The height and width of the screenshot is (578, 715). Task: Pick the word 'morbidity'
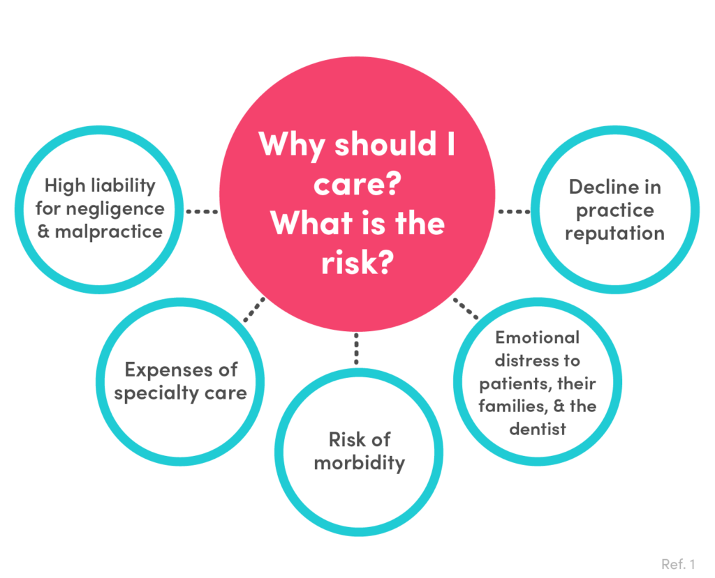pyautogui.click(x=359, y=463)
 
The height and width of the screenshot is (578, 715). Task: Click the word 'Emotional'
pyautogui.click(x=538, y=337)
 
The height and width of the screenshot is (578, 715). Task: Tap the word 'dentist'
pyautogui.click(x=537, y=428)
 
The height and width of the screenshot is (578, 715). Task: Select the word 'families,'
pyautogui.click(x=512, y=406)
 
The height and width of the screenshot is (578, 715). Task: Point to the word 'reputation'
pyautogui.click(x=614, y=233)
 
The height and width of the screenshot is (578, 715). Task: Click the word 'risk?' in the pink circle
pyautogui.click(x=355, y=264)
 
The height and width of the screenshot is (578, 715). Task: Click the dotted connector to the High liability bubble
pyautogui.click(x=202, y=211)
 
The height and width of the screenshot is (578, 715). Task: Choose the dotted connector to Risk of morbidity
pyautogui.click(x=356, y=349)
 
